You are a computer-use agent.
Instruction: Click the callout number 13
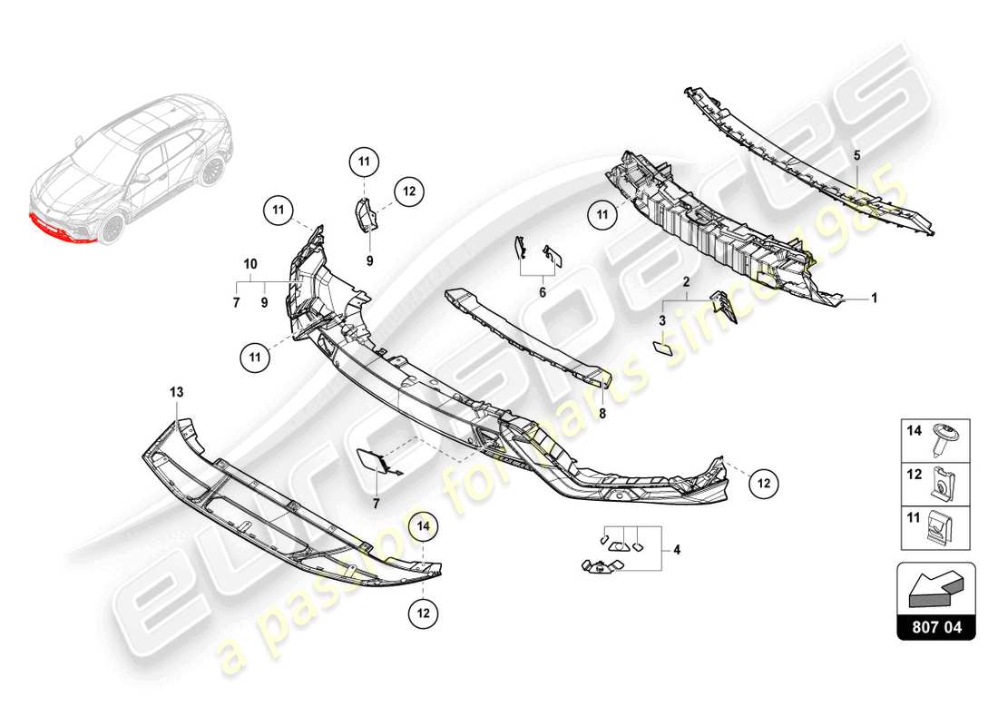(x=175, y=392)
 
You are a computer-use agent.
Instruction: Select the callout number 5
(x=856, y=155)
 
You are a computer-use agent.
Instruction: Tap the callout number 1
(x=874, y=297)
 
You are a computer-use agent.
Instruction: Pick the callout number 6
(x=542, y=292)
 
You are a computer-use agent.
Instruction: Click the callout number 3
(x=662, y=321)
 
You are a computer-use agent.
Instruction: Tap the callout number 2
(x=688, y=282)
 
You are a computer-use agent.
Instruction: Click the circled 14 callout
(x=423, y=524)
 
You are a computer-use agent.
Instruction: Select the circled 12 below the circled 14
(x=423, y=613)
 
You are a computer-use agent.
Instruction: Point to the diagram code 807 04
(x=936, y=626)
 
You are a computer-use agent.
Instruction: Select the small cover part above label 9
(x=367, y=214)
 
